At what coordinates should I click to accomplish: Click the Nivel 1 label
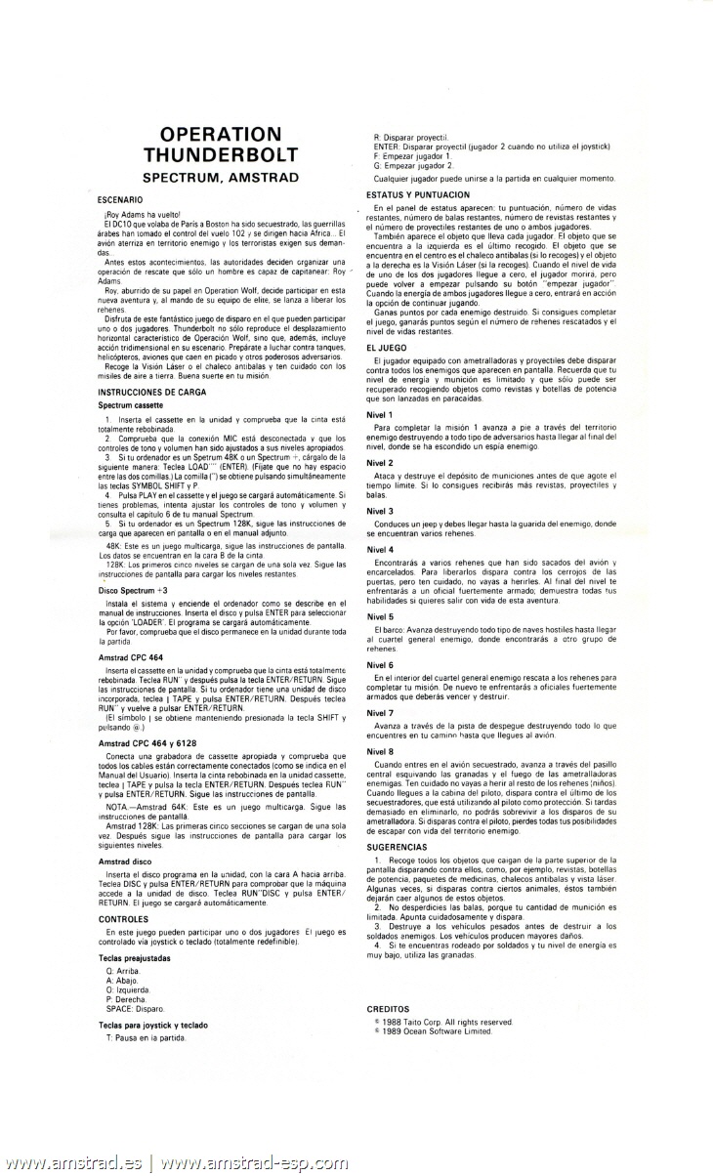coord(380,415)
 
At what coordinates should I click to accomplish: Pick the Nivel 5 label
coord(380,617)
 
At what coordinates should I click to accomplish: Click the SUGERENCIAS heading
coord(397,846)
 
